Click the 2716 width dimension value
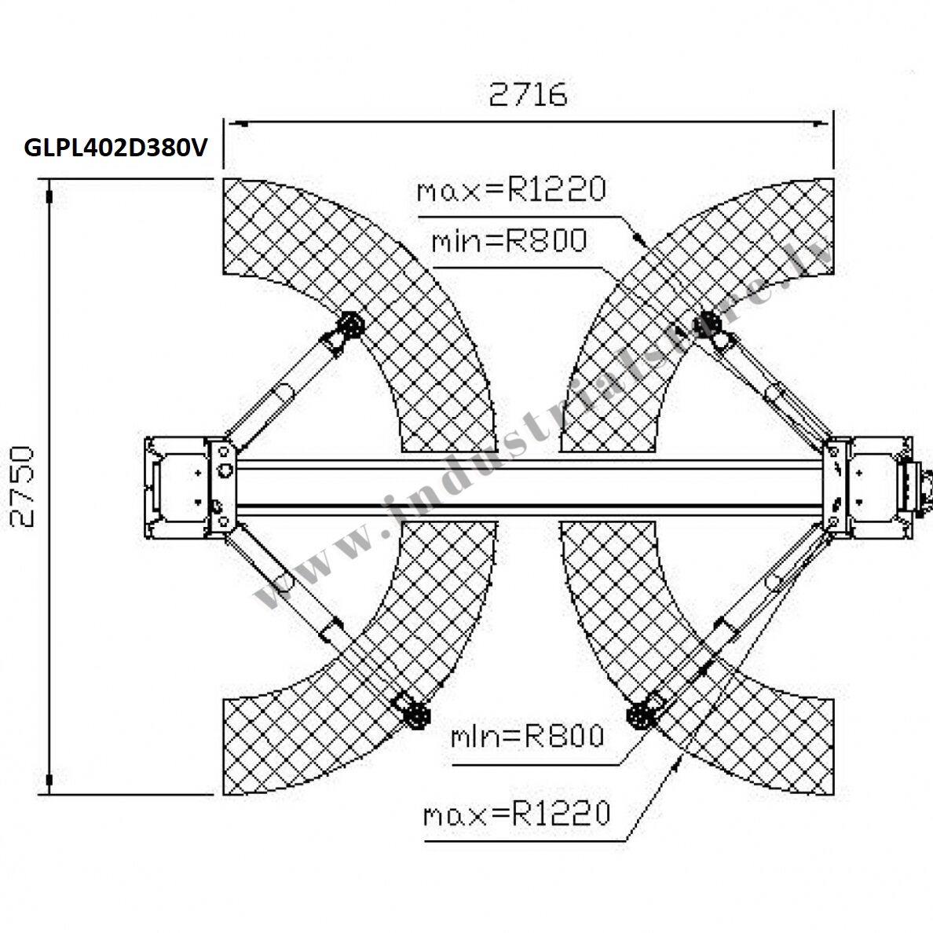pos(528,94)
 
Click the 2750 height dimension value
pos(23,486)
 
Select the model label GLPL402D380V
pos(116,148)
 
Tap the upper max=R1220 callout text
pos(511,189)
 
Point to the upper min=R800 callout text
pos(510,240)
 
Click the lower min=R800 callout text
pos(527,736)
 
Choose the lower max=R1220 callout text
pos(517,814)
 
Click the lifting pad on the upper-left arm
pos(350,325)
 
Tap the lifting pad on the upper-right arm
pos(708,324)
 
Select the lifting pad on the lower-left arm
pos(416,715)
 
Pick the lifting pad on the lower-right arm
pos(640,715)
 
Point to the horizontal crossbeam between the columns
pos(529,487)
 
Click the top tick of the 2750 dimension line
pos(49,196)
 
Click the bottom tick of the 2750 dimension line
pos(49,780)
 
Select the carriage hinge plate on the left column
pos(223,488)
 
